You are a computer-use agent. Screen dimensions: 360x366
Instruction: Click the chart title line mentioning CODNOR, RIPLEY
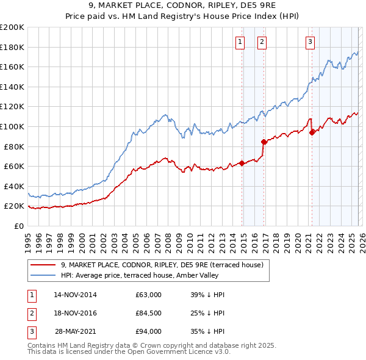[x=182, y=7]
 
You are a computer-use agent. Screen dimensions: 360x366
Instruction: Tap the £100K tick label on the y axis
[x=12, y=126]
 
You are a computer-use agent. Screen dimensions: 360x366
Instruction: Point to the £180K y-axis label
[x=12, y=47]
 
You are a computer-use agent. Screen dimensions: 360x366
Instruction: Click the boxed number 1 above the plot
[x=239, y=41]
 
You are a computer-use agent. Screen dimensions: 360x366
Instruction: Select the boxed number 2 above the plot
[x=261, y=41]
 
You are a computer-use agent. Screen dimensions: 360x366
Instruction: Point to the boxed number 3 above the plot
[x=310, y=41]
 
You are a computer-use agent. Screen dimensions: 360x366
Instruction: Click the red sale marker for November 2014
[x=242, y=163]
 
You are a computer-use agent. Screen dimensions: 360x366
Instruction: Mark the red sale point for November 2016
[x=264, y=142]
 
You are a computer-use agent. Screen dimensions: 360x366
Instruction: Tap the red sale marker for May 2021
[x=312, y=132]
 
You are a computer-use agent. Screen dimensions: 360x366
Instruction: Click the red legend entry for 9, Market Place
[x=162, y=265]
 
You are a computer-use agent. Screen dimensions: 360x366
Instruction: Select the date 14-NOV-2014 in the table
[x=75, y=295]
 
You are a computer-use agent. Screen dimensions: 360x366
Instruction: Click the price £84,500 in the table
[x=149, y=313]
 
